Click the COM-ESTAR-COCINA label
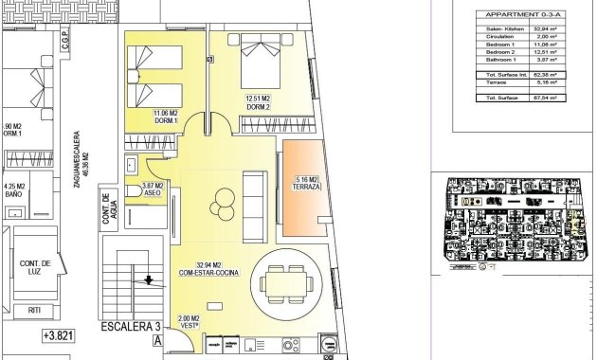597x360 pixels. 209,273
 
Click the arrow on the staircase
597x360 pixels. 148,280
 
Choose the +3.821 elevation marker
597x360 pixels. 62,335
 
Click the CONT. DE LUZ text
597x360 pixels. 35,267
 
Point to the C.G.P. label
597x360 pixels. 64,45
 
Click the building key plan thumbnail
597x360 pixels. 513,221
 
